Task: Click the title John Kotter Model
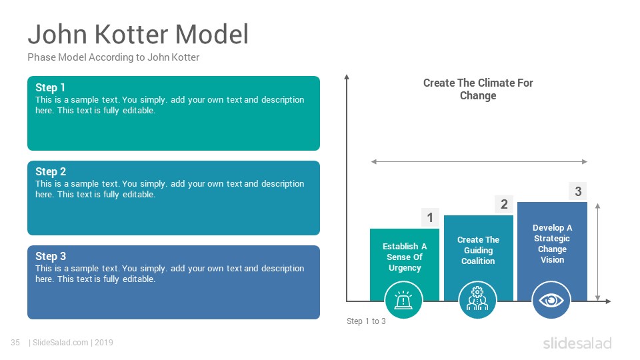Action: pyautogui.click(x=138, y=34)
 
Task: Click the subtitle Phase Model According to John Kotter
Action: pyautogui.click(x=113, y=57)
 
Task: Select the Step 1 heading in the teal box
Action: pyautogui.click(x=50, y=87)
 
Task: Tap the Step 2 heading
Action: pyautogui.click(x=50, y=171)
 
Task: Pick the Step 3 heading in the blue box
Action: pyautogui.click(x=50, y=256)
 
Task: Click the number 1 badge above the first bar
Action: pyautogui.click(x=430, y=217)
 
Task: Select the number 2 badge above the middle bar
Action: pyautogui.click(x=504, y=204)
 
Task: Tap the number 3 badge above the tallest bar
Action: pyautogui.click(x=578, y=191)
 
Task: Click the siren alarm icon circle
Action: pyautogui.click(x=404, y=300)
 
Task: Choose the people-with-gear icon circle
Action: pyautogui.click(x=477, y=300)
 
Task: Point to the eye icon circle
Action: pyautogui.click(x=551, y=300)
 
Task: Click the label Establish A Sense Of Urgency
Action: pyautogui.click(x=405, y=257)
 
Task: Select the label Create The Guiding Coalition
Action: pyautogui.click(x=478, y=250)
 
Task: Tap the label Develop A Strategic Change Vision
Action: pyautogui.click(x=552, y=244)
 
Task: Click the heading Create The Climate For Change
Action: pyautogui.click(x=478, y=89)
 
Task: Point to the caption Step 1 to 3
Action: pyautogui.click(x=366, y=321)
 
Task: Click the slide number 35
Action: pyautogui.click(x=15, y=343)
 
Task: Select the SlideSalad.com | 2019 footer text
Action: pyautogui.click(x=71, y=343)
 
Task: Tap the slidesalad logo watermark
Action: pyautogui.click(x=577, y=343)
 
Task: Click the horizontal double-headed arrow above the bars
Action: pyautogui.click(x=479, y=161)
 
